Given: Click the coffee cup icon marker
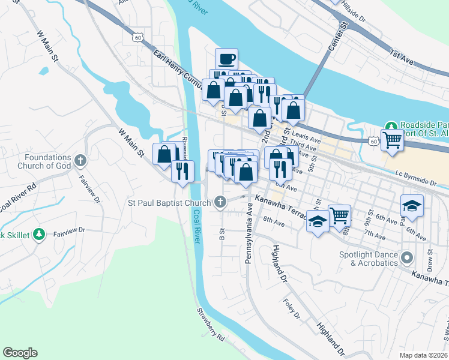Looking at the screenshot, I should click(x=226, y=59).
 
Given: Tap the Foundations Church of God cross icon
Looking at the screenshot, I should click(x=81, y=160).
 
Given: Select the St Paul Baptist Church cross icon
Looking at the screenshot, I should click(x=221, y=202).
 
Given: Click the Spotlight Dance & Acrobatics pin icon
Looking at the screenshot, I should click(x=408, y=259).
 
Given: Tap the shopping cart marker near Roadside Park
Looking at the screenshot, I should click(x=392, y=140).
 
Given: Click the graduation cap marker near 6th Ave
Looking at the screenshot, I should click(x=412, y=205).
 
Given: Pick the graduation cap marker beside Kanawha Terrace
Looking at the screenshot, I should click(x=318, y=221).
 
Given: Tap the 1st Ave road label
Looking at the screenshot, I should click(x=402, y=57).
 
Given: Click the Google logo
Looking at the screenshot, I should click(x=20, y=353).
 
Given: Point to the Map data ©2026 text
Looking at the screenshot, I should click(x=424, y=355).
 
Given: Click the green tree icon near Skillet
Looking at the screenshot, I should click(x=39, y=234).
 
